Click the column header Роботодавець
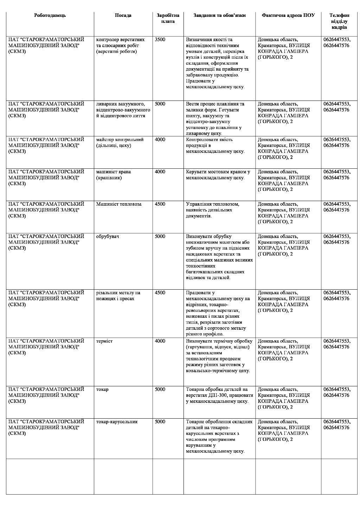coord(50,15)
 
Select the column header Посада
coord(123,15)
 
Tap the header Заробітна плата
coord(168,18)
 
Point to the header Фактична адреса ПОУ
coord(288,15)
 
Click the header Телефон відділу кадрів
coord(339,21)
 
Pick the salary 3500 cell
coord(160,40)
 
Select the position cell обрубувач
coord(108,237)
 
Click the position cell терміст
coord(104,341)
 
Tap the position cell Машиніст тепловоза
coord(119,204)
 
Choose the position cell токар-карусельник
coord(117,421)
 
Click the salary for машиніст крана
coord(160,172)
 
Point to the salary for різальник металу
coord(160,293)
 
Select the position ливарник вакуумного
coord(121,104)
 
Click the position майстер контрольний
coord(120,140)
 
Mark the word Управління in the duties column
coord(199,204)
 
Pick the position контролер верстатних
coord(120,40)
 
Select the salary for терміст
coord(160,341)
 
